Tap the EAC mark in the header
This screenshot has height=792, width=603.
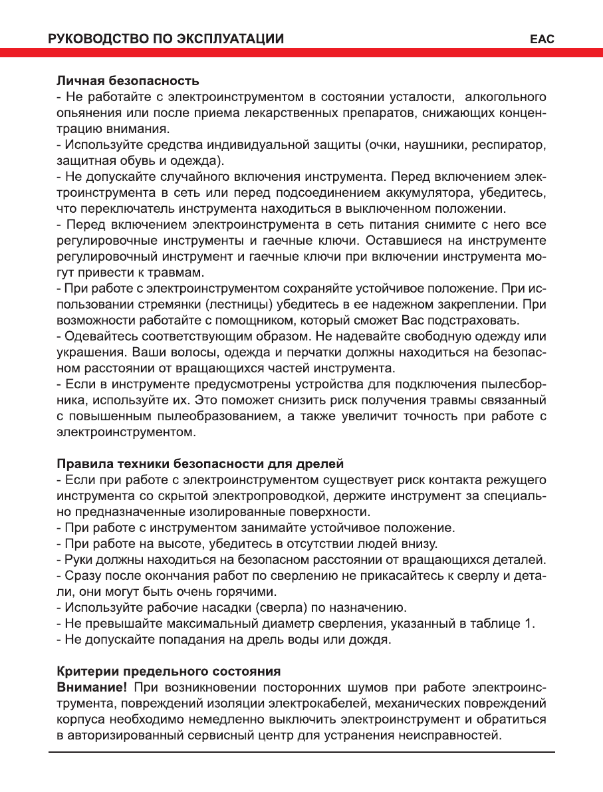click(543, 39)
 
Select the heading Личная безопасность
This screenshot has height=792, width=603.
click(127, 81)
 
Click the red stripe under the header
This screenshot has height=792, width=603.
click(301, 53)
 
